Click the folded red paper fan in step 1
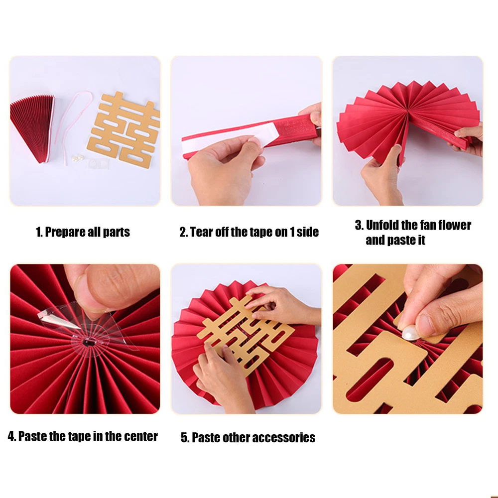coord(33,125)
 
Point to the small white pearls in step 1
coord(78,158)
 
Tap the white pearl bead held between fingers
coord(411,333)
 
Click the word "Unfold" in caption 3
coord(382,225)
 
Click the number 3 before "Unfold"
coord(359,225)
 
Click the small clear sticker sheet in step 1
coord(99,163)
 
